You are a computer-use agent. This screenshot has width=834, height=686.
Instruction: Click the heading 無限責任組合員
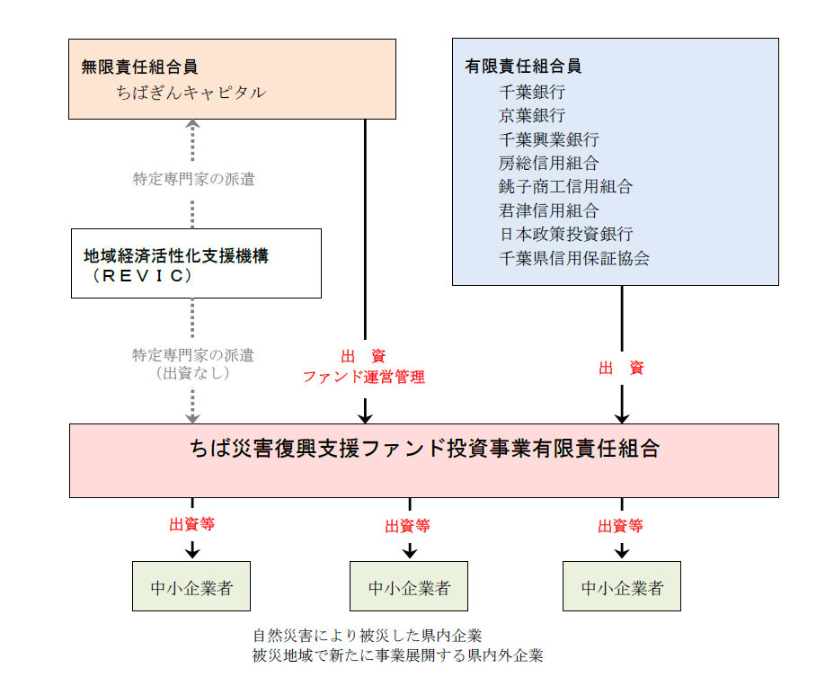pos(139,67)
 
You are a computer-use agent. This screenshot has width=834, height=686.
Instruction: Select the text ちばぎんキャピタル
pos(191,92)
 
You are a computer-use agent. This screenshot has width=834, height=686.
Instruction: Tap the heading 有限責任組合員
pos(523,67)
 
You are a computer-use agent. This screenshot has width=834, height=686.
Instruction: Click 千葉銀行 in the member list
pos(532,92)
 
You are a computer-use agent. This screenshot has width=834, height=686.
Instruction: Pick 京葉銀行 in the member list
pos(532,115)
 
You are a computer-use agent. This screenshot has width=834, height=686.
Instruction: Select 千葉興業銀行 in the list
pos(548,139)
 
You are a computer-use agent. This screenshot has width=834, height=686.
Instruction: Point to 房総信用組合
pos(548,163)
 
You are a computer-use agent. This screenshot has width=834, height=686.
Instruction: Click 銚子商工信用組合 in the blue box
pos(565,187)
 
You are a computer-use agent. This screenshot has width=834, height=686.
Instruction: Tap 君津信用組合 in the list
pos(548,210)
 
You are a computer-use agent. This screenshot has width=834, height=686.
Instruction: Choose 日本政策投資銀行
pos(565,235)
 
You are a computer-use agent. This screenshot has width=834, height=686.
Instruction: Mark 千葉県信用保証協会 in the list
pos(573,259)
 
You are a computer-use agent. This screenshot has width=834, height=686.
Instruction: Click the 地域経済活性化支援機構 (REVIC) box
pos(196,263)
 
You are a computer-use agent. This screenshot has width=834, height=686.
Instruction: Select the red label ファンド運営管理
pos(363,378)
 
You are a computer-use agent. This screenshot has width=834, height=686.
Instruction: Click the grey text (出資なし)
pos(192,373)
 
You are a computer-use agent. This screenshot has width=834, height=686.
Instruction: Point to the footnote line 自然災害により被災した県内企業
pos(368,636)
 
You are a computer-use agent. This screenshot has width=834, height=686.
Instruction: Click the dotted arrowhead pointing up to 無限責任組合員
pos(192,126)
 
